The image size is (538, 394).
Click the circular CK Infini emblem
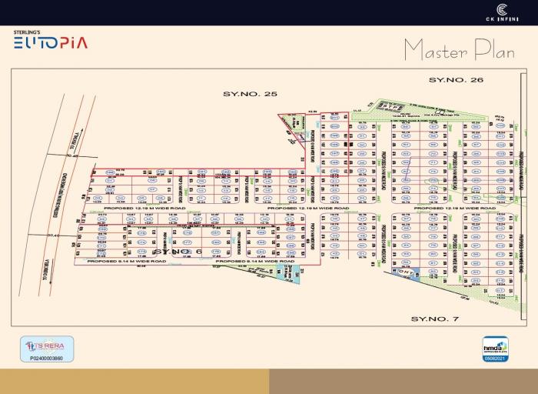point(501,10)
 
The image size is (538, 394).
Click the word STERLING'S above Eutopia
point(26,32)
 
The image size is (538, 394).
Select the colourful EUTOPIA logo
point(50,42)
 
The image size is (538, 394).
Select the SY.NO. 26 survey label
point(456,80)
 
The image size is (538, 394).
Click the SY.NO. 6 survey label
point(177,252)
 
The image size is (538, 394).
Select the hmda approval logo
point(495,346)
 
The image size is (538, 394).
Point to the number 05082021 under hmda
point(495,358)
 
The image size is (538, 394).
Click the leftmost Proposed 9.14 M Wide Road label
point(127,262)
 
